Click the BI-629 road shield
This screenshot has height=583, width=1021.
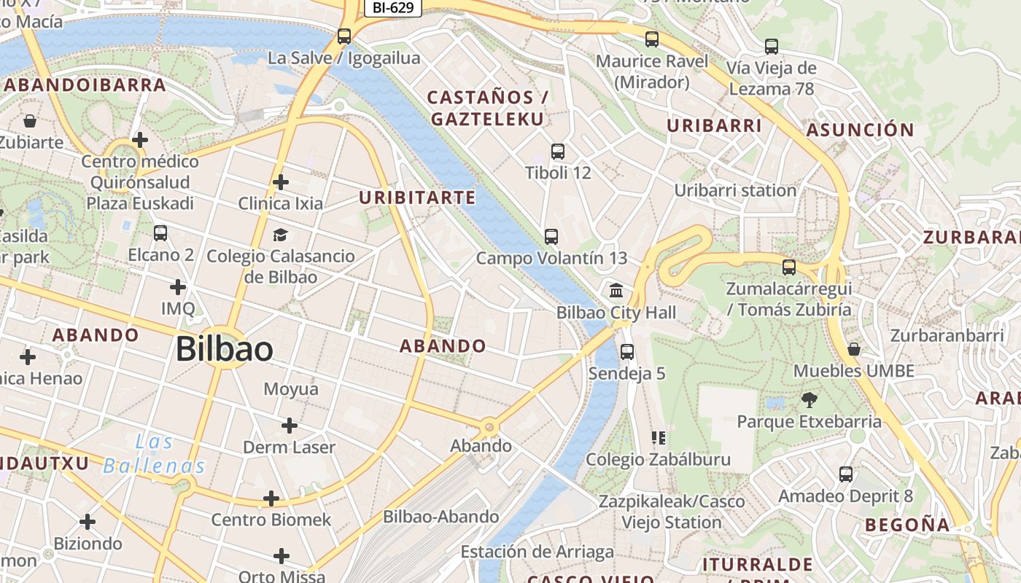tap(393, 8)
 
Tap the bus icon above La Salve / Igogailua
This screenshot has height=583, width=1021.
tap(344, 36)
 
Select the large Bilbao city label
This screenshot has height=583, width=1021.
tap(225, 350)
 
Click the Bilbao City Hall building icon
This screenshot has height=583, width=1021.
tap(616, 290)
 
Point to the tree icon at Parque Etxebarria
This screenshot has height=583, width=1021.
tap(809, 399)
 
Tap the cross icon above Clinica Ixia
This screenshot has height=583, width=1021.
tap(280, 181)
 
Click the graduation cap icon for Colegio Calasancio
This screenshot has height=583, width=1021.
tap(280, 234)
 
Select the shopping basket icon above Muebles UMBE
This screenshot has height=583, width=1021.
tap(854, 349)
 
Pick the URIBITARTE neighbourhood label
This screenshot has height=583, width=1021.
tap(417, 197)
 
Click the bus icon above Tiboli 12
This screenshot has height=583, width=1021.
tap(558, 152)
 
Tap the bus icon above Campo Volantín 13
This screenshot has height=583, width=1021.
tap(551, 236)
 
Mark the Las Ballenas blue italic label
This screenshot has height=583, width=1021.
tap(154, 453)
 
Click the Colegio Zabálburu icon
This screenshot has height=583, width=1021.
tap(659, 438)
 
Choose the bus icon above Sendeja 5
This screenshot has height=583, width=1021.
tap(626, 352)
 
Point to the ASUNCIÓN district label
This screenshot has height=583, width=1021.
tap(860, 130)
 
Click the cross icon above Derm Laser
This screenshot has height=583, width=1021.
tap(290, 425)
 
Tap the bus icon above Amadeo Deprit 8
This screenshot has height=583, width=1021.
tap(846, 474)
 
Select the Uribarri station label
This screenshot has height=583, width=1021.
tap(735, 190)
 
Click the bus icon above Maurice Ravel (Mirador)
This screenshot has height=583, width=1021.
tap(652, 39)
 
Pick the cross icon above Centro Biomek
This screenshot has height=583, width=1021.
tap(271, 498)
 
